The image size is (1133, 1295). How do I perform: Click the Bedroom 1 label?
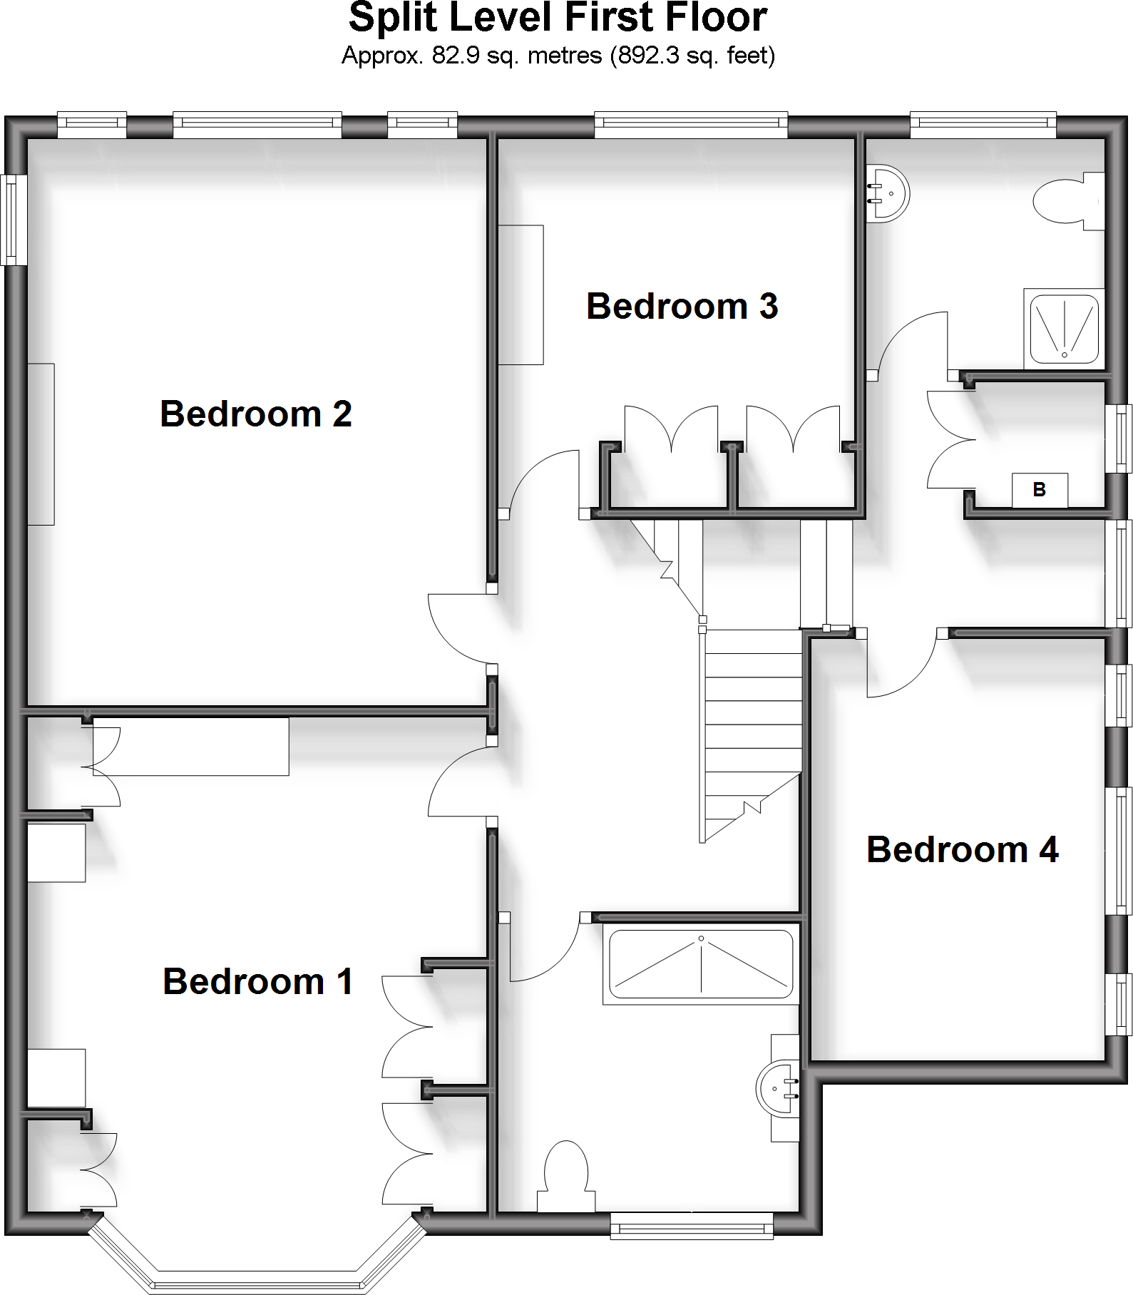pos(258,981)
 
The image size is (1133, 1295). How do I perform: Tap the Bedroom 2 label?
pos(256,414)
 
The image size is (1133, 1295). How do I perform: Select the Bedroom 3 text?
pos(682,307)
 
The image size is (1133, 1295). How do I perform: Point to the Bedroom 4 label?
pos(963,850)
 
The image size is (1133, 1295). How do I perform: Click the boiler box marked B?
pos(1040,490)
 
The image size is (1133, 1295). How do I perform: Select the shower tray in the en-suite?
pos(1063,329)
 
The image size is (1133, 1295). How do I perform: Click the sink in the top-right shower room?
pos(888,193)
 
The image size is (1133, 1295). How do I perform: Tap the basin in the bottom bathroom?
pos(779,1088)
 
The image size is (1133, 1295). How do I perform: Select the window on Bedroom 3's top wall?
pos(691,126)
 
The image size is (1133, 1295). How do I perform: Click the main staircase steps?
pos(752,713)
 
